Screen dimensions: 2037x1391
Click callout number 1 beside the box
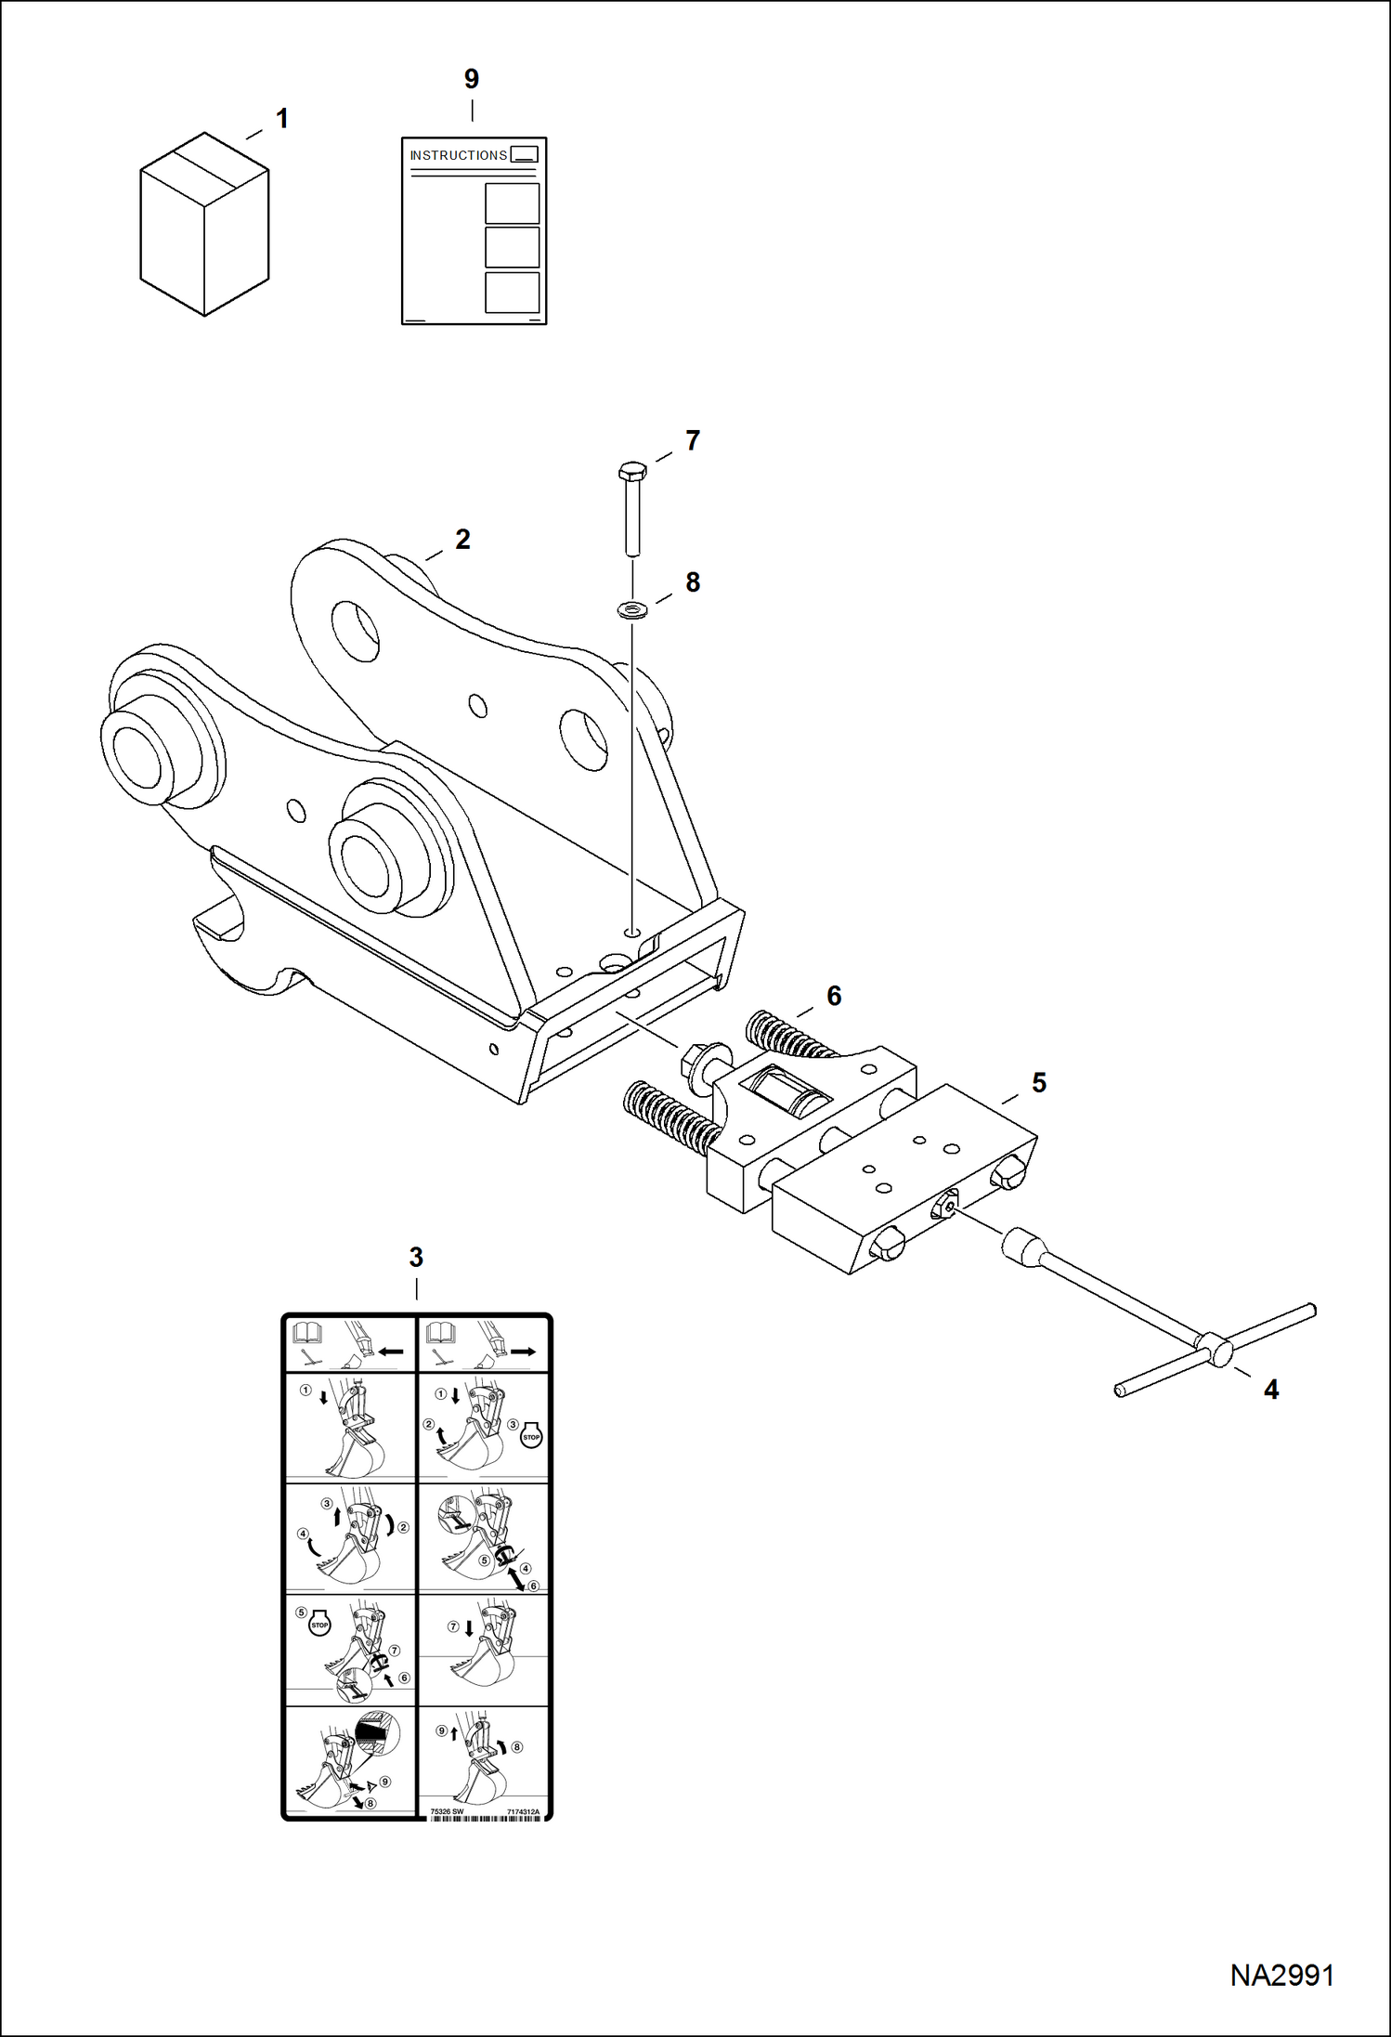[282, 119]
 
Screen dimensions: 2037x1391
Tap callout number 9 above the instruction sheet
[472, 80]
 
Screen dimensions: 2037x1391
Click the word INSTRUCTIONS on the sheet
[458, 155]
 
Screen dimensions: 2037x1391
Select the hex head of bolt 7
[631, 471]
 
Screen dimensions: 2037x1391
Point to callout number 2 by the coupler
[462, 540]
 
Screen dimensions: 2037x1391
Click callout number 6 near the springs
[834, 996]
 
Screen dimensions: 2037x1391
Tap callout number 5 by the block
[1039, 1083]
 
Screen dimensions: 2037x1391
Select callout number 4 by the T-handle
[1271, 1390]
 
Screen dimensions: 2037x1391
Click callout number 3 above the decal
[416, 1258]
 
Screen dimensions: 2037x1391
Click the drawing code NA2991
[1281, 1976]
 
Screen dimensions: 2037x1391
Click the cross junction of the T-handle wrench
[1215, 1349]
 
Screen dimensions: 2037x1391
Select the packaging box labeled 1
[204, 225]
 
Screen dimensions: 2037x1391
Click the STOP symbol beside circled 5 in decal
[319, 1625]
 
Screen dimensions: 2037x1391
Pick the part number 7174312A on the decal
[523, 1812]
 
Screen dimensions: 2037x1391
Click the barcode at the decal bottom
[485, 1819]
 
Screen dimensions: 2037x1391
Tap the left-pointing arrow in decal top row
[391, 1351]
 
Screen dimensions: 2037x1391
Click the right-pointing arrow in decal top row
[523, 1351]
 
